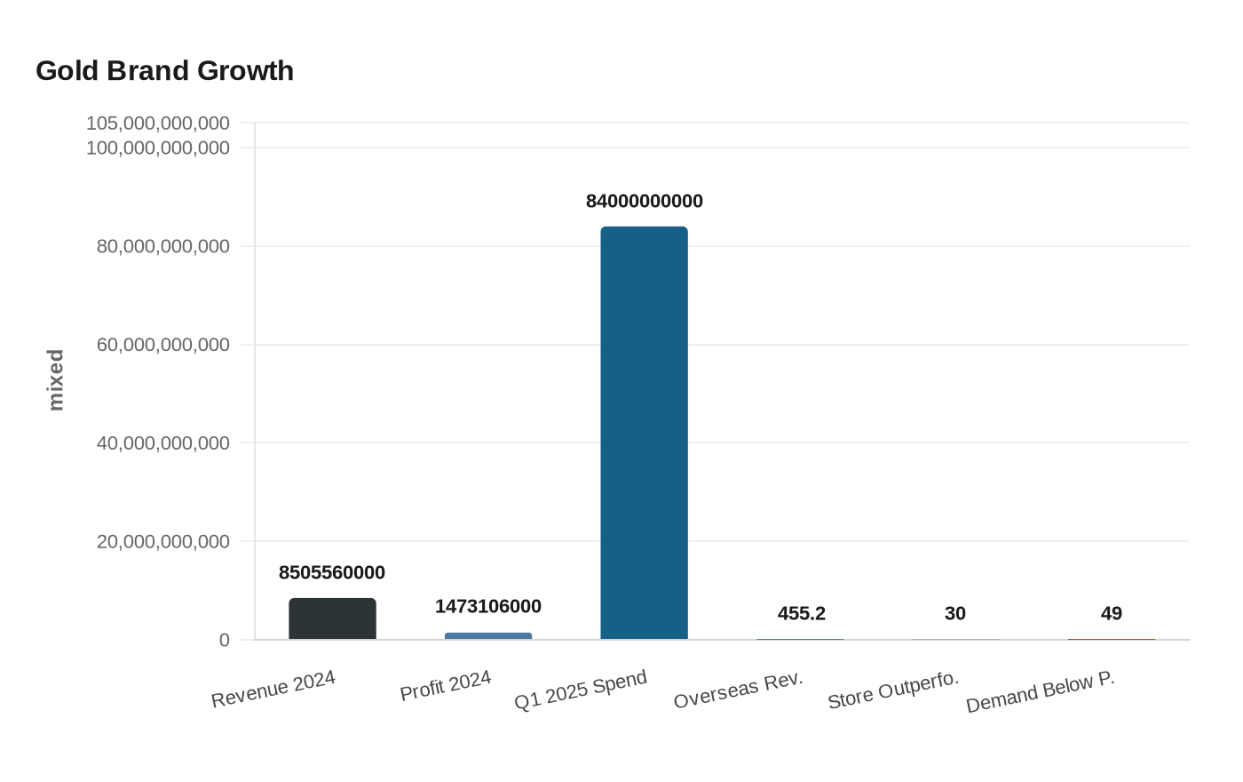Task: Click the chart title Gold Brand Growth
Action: [x=164, y=71]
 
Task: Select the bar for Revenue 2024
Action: [x=332, y=618]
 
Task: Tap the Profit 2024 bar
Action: [x=488, y=635]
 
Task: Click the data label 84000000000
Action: [x=644, y=202]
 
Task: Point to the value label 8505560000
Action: [x=332, y=573]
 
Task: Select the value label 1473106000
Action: [x=488, y=607]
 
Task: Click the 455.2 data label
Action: [x=801, y=614]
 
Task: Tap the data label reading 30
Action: [x=955, y=614]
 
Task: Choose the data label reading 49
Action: [x=1111, y=614]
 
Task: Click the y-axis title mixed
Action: [x=56, y=380]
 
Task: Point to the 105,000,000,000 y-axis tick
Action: [x=158, y=123]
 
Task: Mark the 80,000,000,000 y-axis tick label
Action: [x=163, y=246]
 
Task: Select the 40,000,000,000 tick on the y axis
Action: [x=163, y=443]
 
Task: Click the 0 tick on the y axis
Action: [x=225, y=640]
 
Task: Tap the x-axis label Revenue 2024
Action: [x=273, y=690]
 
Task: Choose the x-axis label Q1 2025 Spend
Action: [x=581, y=690]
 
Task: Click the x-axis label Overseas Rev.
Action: [x=738, y=690]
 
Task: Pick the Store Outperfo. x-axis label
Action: [x=893, y=690]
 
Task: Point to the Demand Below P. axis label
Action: [x=1040, y=692]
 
